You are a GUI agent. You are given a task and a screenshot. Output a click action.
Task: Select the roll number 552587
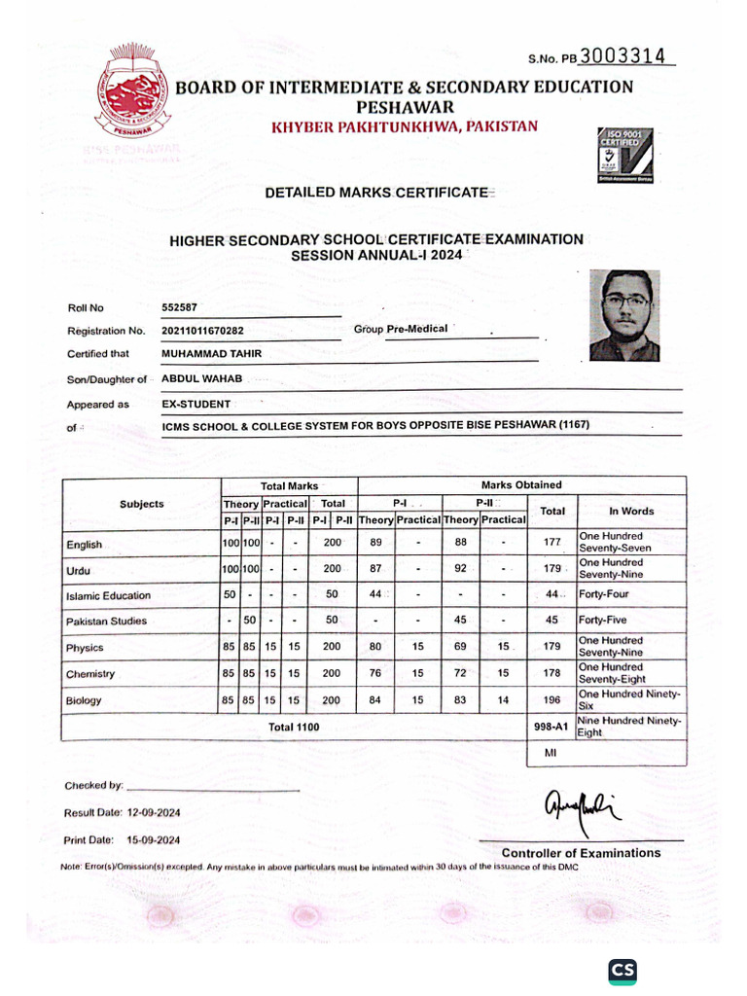click(179, 307)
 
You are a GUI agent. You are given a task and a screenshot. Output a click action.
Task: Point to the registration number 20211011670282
click(217, 331)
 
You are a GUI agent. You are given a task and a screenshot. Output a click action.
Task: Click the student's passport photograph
click(624, 315)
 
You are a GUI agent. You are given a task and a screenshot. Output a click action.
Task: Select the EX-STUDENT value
click(196, 404)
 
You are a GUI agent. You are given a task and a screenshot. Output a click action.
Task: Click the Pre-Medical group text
click(416, 329)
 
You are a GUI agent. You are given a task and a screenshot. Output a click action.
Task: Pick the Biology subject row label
click(84, 700)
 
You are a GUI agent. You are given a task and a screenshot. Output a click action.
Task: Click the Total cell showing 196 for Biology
click(551, 700)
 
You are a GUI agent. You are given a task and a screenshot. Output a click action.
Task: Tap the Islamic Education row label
click(108, 595)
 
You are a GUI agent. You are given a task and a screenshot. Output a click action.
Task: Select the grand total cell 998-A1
click(551, 727)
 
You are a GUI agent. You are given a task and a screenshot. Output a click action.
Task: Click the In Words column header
click(631, 511)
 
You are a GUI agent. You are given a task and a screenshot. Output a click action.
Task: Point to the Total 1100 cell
click(294, 727)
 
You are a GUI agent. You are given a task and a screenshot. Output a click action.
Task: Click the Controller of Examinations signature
click(581, 808)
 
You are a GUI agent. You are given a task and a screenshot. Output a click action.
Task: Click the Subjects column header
click(142, 504)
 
